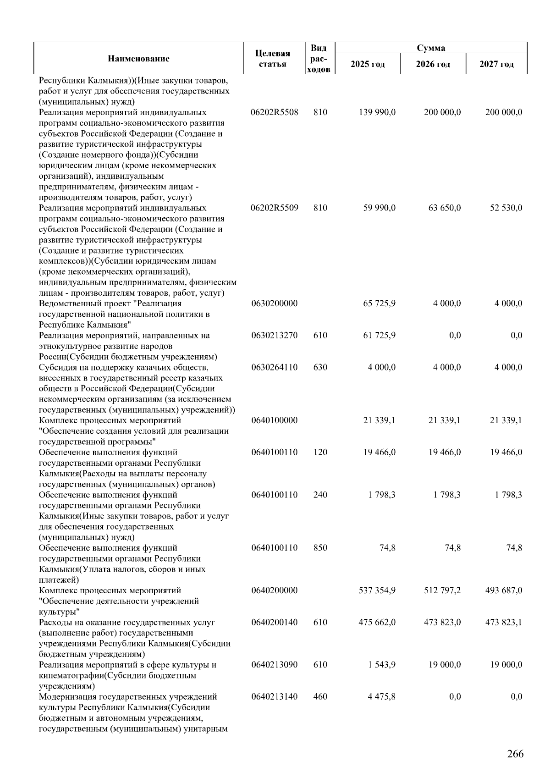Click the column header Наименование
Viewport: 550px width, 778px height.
point(138,59)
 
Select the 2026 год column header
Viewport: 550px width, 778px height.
point(433,64)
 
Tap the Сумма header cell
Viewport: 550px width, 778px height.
point(430,48)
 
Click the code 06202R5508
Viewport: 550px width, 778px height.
point(275,112)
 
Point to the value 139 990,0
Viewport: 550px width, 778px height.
point(379,112)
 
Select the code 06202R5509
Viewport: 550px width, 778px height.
point(275,208)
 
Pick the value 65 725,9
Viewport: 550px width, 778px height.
point(379,303)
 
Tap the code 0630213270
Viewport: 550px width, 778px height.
point(275,336)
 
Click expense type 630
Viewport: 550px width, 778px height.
point(320,367)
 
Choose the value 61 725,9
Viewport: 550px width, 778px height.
point(379,336)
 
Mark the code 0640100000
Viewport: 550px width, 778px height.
point(275,420)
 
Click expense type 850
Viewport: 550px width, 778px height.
point(320,548)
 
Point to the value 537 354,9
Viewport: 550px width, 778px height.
point(377,590)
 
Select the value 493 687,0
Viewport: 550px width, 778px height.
point(503,590)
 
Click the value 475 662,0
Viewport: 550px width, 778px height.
point(377,623)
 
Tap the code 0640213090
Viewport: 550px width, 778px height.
point(275,665)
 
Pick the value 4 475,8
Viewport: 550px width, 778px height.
point(381,697)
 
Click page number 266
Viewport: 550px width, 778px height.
point(515,754)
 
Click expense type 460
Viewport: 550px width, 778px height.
point(320,697)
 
